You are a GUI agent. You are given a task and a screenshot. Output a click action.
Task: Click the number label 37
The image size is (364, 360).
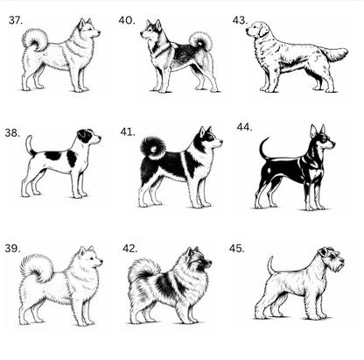pos(16,20)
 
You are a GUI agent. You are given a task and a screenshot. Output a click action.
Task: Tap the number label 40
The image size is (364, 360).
pos(127,20)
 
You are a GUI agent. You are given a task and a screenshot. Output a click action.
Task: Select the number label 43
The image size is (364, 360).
pos(240,20)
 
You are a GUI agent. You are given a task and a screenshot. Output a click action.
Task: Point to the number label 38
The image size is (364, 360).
pos(12,133)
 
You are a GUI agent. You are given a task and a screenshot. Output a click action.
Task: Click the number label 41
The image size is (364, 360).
pos(128,132)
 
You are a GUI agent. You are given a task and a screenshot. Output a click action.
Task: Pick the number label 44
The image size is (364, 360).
pos(244,127)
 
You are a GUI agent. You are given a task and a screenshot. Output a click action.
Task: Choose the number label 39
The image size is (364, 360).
pos(12,249)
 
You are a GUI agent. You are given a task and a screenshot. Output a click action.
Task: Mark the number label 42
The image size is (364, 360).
pos(129,249)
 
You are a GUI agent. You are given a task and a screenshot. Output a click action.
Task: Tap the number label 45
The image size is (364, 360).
pos(236,249)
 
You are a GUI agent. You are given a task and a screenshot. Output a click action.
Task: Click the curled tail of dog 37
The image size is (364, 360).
pos(34,39)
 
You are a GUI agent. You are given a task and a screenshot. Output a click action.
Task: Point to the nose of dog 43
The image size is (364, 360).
pos(247,29)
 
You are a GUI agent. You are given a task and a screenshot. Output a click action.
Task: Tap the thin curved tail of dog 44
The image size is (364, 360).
pos(263,149)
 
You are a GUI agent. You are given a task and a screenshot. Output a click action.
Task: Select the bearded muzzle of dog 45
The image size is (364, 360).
pos(339,265)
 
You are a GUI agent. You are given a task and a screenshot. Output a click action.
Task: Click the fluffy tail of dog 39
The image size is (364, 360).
pos(37,267)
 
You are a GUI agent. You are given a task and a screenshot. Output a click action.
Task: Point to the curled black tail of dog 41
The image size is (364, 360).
pos(153,148)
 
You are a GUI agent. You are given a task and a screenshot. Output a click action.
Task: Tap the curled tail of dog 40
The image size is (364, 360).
pos(200,41)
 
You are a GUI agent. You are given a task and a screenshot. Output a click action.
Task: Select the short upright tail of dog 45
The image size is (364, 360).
pos(271,265)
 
